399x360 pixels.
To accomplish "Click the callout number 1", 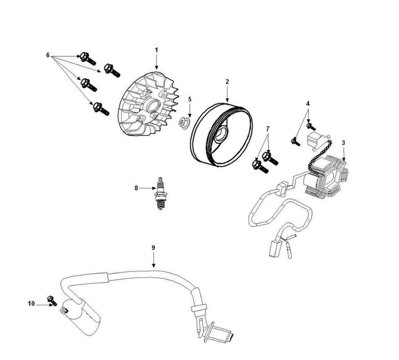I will [x=156, y=50].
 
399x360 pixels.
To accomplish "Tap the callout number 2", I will [x=227, y=81].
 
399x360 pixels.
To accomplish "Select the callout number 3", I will [x=343, y=142].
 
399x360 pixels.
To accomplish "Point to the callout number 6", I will [x=48, y=55].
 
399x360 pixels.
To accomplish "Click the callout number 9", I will [x=153, y=247].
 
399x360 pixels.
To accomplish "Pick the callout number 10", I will [x=31, y=304].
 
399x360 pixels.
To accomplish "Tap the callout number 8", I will [x=136, y=188].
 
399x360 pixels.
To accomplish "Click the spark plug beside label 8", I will [x=160, y=194].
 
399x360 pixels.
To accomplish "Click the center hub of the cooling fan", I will [x=152, y=107].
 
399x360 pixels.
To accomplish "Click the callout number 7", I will [x=268, y=129].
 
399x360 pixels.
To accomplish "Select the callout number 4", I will [x=307, y=103].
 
